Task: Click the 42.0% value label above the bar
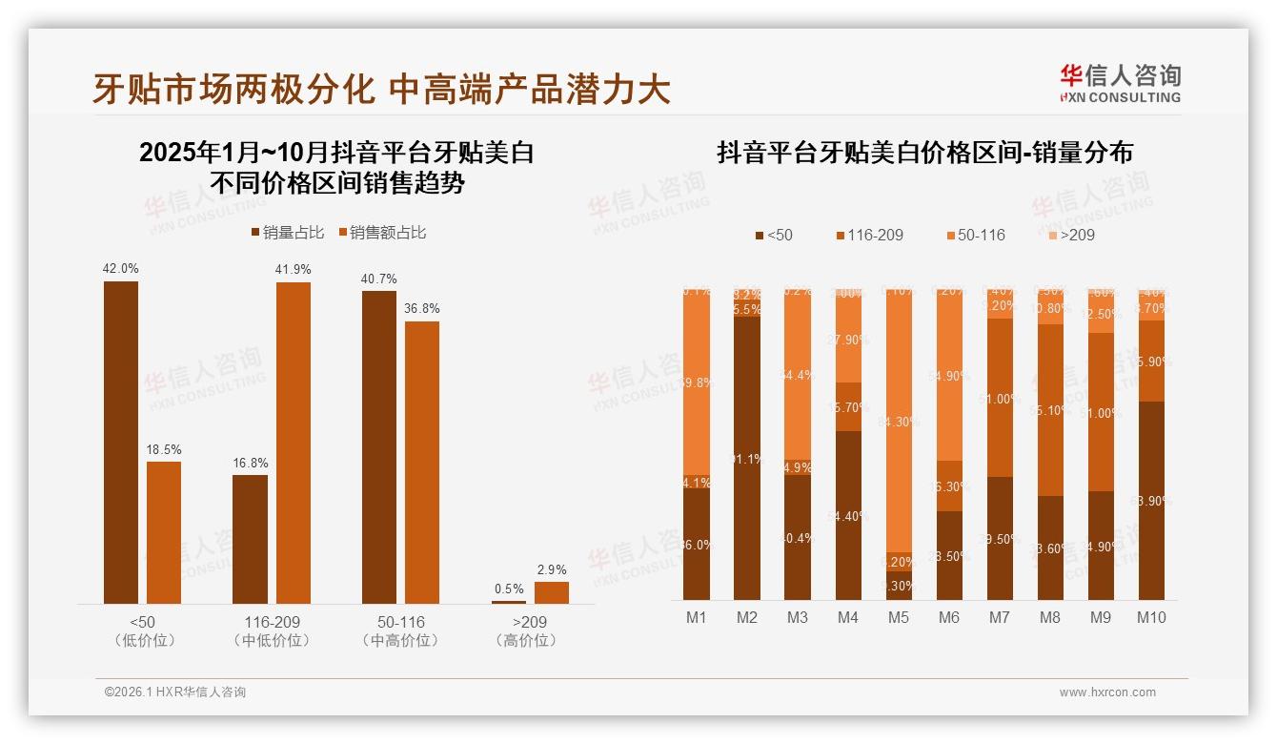pos(121,268)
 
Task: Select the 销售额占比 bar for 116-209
pos(294,443)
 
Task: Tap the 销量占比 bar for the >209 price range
pos(508,602)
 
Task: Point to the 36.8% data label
pos(422,308)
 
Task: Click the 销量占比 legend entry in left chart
pos(287,233)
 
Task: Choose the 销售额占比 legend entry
pos(381,233)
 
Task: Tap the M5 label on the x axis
pos(898,617)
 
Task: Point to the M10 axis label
pos(1150,617)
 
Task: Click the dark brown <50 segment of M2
pos(747,458)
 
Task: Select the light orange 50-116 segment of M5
pos(899,420)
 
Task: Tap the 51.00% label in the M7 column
pos(1000,399)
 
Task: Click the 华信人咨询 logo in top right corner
pos(1120,83)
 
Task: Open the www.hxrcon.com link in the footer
pos(1107,692)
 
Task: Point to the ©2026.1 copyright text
pos(174,692)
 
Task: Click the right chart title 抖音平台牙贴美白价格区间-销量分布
pos(924,153)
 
